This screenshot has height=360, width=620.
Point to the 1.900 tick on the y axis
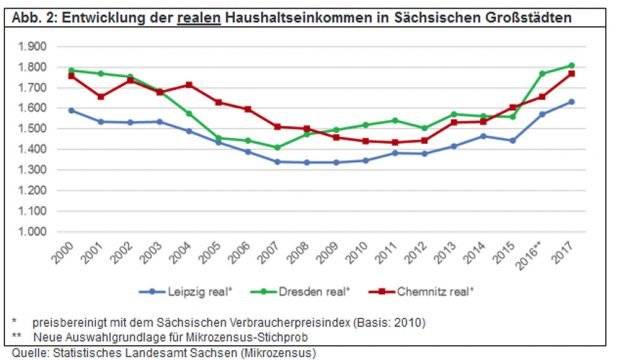[32, 46]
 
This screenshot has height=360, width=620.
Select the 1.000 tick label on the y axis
[32, 232]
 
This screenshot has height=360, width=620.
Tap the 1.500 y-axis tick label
[32, 129]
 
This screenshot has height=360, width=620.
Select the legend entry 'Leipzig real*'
[191, 292]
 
